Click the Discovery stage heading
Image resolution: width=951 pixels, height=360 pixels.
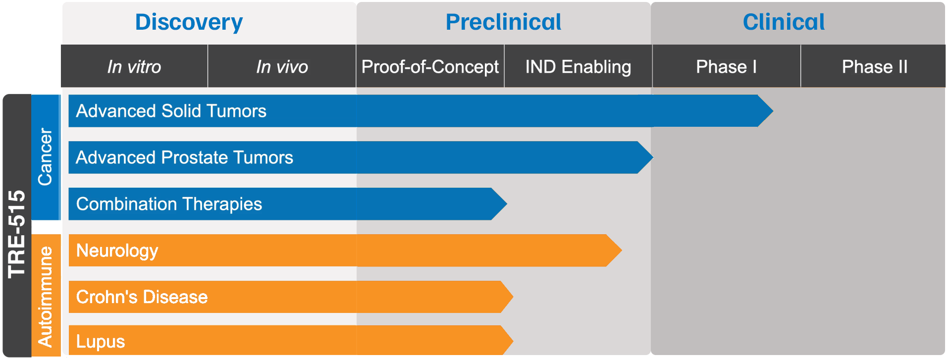coord(189,22)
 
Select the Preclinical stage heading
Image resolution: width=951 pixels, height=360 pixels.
coord(503,22)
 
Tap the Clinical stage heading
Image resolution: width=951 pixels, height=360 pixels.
coord(784,22)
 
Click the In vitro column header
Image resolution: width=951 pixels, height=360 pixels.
coord(134,67)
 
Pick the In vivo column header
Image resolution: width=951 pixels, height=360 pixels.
coord(282,67)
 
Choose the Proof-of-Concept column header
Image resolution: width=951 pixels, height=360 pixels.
coord(430,67)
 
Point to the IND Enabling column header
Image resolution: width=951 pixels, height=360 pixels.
coord(578,67)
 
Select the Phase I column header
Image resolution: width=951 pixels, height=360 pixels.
coord(726,67)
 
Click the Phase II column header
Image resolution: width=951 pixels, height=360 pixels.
coord(875,67)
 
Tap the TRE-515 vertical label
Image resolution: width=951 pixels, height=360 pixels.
coord(17,234)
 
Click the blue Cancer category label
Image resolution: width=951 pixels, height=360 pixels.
coord(45,157)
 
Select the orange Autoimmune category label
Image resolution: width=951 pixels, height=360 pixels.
coord(45,297)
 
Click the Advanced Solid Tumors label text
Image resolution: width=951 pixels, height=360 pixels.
coord(171,111)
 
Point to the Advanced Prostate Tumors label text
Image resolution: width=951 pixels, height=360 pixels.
coord(184,157)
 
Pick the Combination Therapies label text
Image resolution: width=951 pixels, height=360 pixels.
coord(169,204)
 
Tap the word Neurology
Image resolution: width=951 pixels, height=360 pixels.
coord(117,251)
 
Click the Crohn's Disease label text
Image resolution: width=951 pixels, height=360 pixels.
coord(142,297)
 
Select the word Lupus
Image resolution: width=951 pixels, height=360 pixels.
coord(101,342)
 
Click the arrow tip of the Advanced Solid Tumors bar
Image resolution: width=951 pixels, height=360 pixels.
coord(773,111)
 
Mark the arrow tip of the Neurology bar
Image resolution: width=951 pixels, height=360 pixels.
coord(622,251)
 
